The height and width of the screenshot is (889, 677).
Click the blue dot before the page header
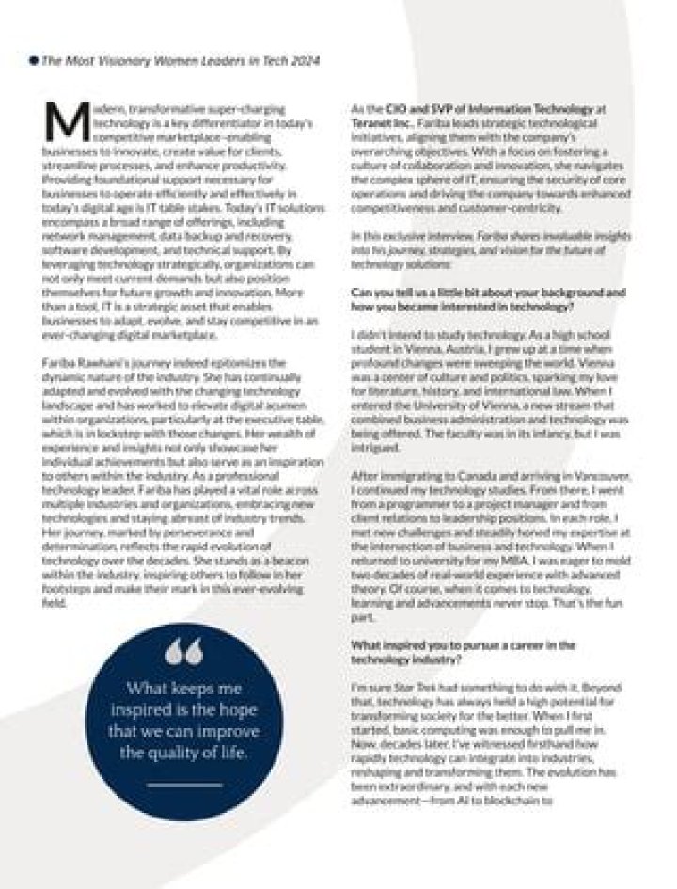tap(33, 60)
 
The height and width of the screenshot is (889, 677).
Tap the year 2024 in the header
tap(304, 60)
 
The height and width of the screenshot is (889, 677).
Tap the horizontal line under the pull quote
tap(183, 783)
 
